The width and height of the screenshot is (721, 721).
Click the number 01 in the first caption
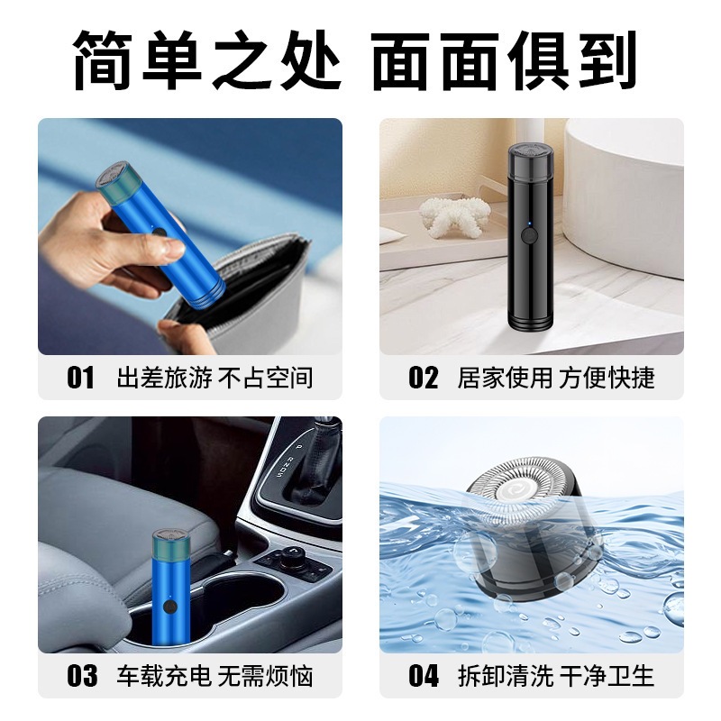(80, 377)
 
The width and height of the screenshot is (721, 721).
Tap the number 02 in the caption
(423, 377)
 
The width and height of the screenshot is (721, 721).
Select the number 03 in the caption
(80, 674)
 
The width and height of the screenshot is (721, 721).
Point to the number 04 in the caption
(423, 674)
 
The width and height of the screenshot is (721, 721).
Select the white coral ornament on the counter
(455, 214)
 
